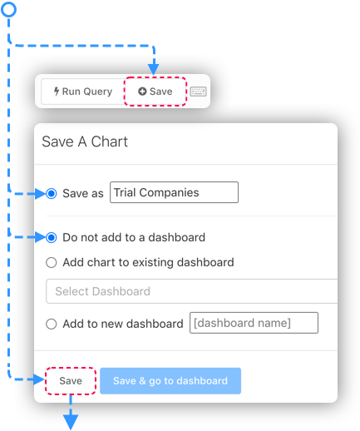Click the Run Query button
pos(82,92)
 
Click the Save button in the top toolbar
pos(155,92)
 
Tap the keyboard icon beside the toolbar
pos(199,92)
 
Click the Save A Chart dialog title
pos(85,141)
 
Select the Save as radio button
pos(52,193)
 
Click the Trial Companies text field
pos(174,192)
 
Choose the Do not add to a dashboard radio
pos(52,238)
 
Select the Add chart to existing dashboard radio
pos(52,262)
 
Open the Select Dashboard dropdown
pos(192,291)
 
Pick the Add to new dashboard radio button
pos(52,324)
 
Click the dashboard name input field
pos(254,323)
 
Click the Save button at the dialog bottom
pos(71,381)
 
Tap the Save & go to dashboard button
pos(170,381)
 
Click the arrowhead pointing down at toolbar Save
pos(154,69)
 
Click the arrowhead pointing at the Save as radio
pos(41,194)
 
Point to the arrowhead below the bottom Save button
pos(71,422)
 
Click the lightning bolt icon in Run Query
pos(57,92)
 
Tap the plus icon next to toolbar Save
pos(142,92)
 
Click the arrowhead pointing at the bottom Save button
pos(39,379)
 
